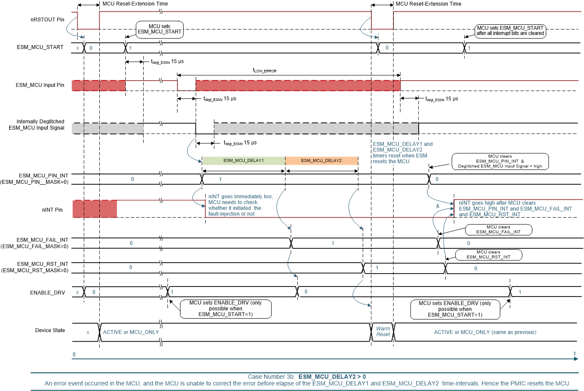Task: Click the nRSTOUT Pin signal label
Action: pos(47,20)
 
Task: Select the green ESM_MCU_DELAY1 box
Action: pos(243,161)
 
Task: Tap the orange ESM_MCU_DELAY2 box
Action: pos(322,161)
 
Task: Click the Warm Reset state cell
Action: pos(383,332)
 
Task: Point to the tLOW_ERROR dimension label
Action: pos(265,70)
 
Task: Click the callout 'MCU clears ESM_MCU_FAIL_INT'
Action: pos(498,229)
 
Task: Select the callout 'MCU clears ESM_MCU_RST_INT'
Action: pos(488,254)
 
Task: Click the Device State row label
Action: pos(50,330)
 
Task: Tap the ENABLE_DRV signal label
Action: pos(47,293)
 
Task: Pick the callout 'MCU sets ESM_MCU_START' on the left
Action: pos(159,29)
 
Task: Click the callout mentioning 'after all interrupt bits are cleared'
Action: pos(510,30)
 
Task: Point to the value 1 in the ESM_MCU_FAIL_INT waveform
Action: pos(333,243)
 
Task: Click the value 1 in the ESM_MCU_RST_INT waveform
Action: pos(377,268)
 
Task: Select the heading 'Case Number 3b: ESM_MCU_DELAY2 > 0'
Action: pos(307,376)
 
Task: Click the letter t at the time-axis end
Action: pos(575,354)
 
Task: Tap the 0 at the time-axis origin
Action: pos(74,355)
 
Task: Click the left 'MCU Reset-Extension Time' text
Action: pos(135,4)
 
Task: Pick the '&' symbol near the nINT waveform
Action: pos(438,206)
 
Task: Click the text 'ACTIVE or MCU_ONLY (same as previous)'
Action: pos(485,332)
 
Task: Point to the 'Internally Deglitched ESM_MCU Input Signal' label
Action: pos(37,124)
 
